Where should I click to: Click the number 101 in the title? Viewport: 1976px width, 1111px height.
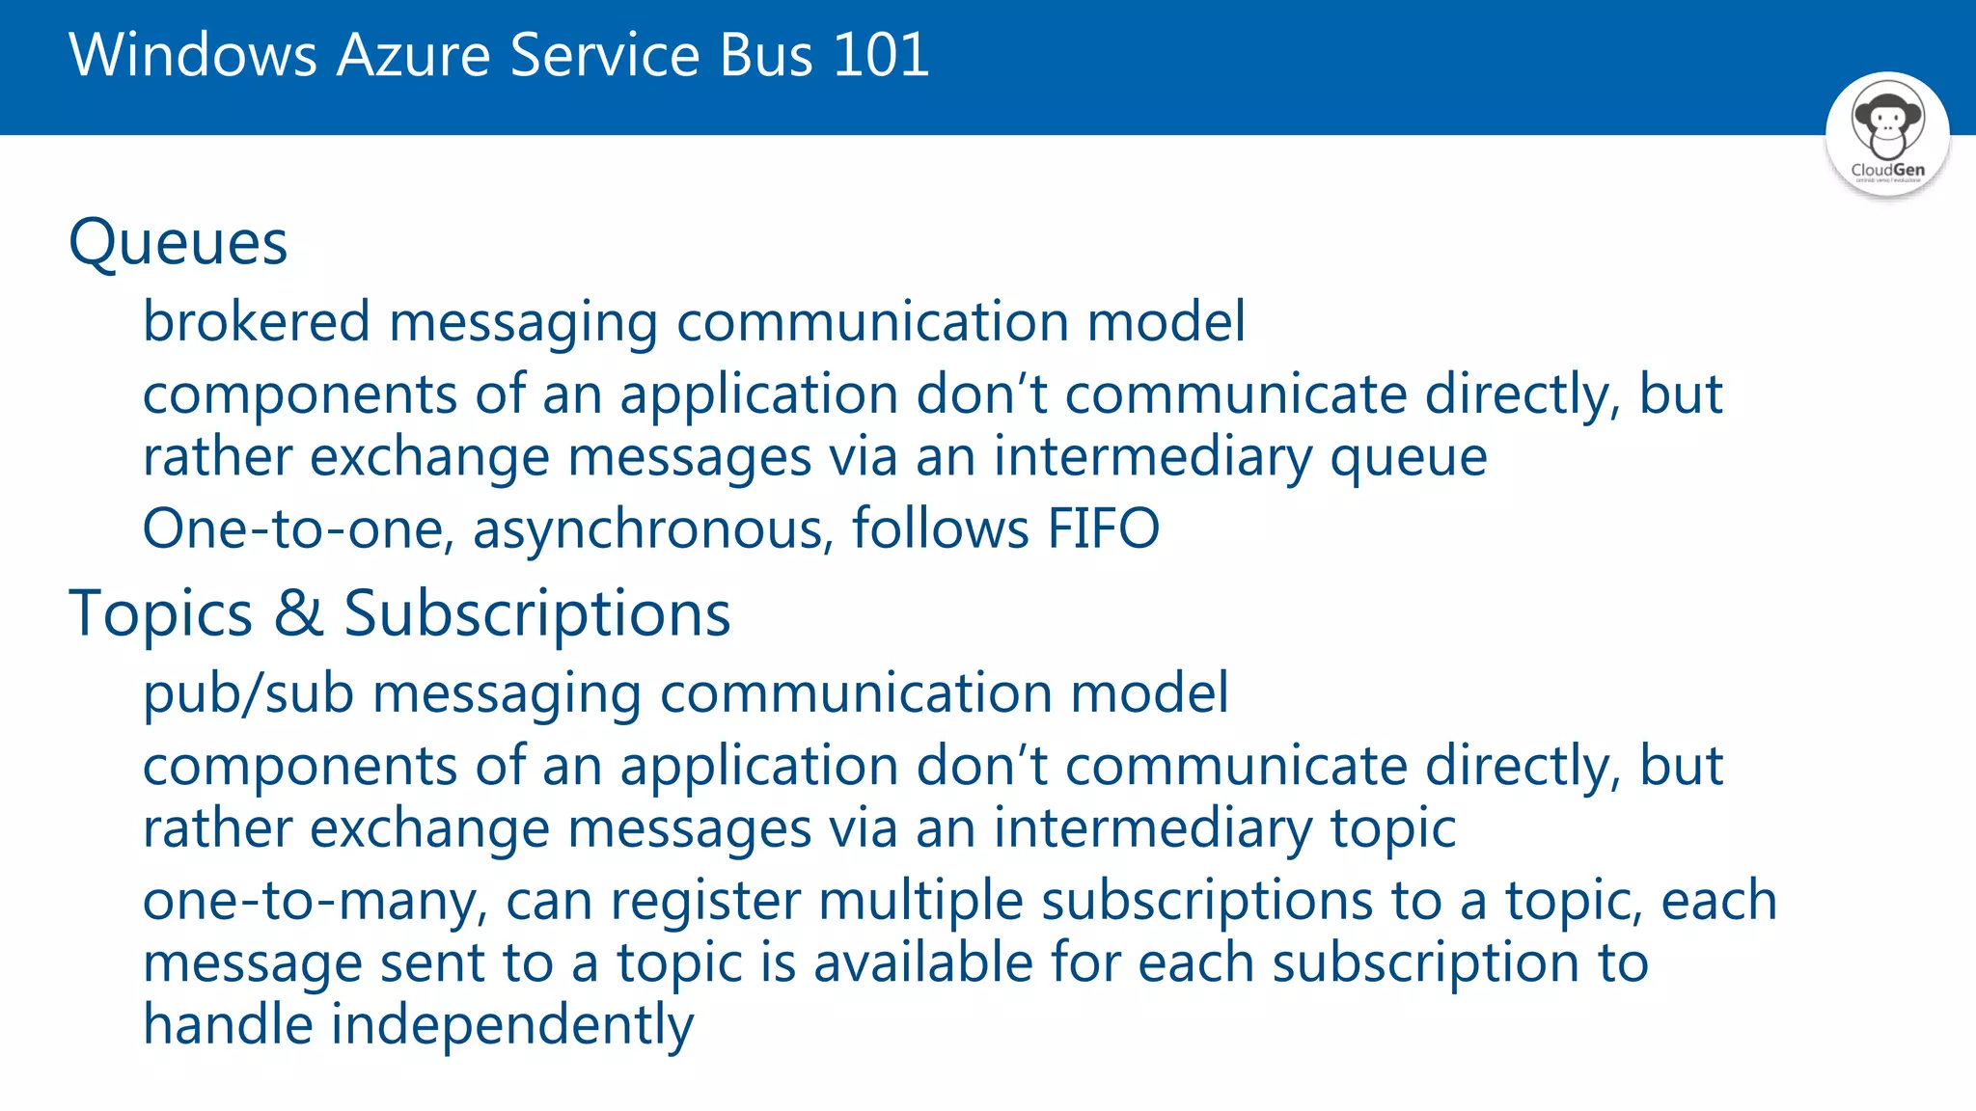pos(880,55)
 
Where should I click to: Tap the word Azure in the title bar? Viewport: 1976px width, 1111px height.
pos(414,55)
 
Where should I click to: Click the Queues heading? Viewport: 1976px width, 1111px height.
pos(178,242)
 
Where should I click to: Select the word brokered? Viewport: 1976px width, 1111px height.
pos(257,321)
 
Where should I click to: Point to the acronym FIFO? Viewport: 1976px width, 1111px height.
pos(1103,528)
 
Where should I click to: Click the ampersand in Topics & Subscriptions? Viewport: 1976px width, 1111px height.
pos(298,612)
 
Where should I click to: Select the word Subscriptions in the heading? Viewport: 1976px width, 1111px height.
pos(537,614)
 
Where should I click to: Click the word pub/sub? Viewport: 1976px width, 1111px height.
pos(249,694)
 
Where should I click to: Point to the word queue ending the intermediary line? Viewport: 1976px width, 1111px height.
pos(1409,458)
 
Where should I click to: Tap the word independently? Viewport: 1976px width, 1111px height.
pos(512,1025)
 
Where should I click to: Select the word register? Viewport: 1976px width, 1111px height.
pos(705,902)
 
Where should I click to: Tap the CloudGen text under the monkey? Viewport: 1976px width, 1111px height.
pos(1887,170)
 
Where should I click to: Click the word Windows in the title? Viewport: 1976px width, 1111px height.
pos(193,55)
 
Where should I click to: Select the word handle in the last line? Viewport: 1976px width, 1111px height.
pos(228,1024)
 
